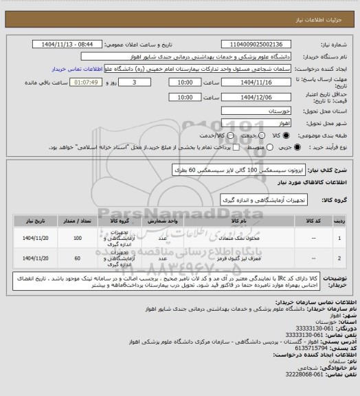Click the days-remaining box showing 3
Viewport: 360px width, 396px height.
coord(133,82)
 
